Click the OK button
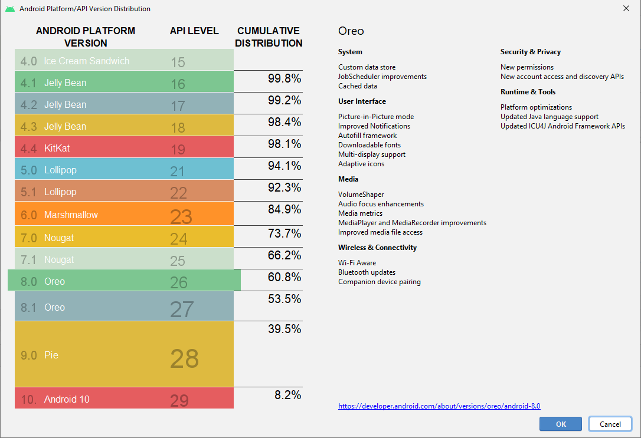561,424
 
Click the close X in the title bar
626,8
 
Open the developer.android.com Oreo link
439,406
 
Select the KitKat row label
57,148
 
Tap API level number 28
184,358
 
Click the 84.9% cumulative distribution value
284,209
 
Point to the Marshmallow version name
71,215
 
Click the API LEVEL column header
194,31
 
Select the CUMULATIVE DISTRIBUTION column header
268,37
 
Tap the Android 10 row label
67,399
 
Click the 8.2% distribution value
287,395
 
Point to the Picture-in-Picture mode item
376,117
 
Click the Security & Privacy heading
530,52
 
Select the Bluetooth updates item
367,272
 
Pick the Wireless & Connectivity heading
377,248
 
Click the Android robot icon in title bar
10,9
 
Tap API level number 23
181,216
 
